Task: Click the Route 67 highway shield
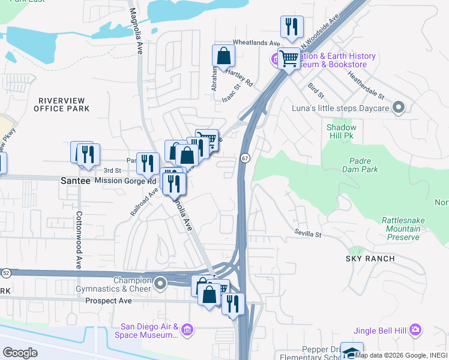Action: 246,158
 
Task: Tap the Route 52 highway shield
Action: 5,272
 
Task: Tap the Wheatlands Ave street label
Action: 256,44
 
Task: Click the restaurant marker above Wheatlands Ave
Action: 292,26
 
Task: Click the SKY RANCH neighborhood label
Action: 370,259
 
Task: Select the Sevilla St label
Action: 308,232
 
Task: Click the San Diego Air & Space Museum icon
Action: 187,330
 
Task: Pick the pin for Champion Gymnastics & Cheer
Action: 160,283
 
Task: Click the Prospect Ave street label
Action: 108,301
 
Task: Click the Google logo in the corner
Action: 20,353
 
